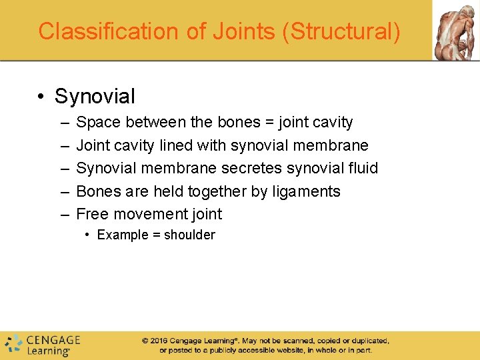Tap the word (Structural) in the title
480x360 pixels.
(342, 31)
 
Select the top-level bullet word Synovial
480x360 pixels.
(95, 97)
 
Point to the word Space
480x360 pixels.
(99, 123)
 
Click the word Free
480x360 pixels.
(93, 214)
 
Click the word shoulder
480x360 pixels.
(190, 235)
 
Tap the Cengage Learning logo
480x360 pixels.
(43, 344)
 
